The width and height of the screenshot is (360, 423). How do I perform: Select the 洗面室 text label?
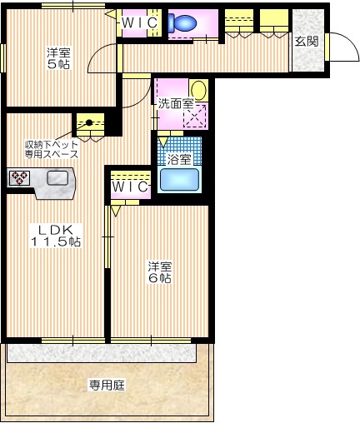(176, 104)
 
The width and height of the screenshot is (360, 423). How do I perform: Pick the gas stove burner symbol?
(19, 177)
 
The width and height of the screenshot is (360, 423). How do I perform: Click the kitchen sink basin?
(58, 177)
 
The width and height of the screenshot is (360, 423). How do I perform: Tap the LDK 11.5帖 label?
(56, 235)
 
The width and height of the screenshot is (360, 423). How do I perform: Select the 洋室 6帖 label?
(160, 272)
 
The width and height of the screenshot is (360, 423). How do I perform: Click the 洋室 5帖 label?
(57, 59)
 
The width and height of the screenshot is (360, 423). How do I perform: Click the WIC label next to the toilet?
(139, 23)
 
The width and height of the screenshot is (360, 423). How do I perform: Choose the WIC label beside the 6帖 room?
(131, 187)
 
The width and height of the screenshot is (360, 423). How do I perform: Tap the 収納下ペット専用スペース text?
(51, 149)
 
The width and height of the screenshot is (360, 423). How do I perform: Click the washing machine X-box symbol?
(196, 117)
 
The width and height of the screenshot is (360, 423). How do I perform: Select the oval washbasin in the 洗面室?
(198, 88)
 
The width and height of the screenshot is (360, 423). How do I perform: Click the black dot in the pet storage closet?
(88, 122)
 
